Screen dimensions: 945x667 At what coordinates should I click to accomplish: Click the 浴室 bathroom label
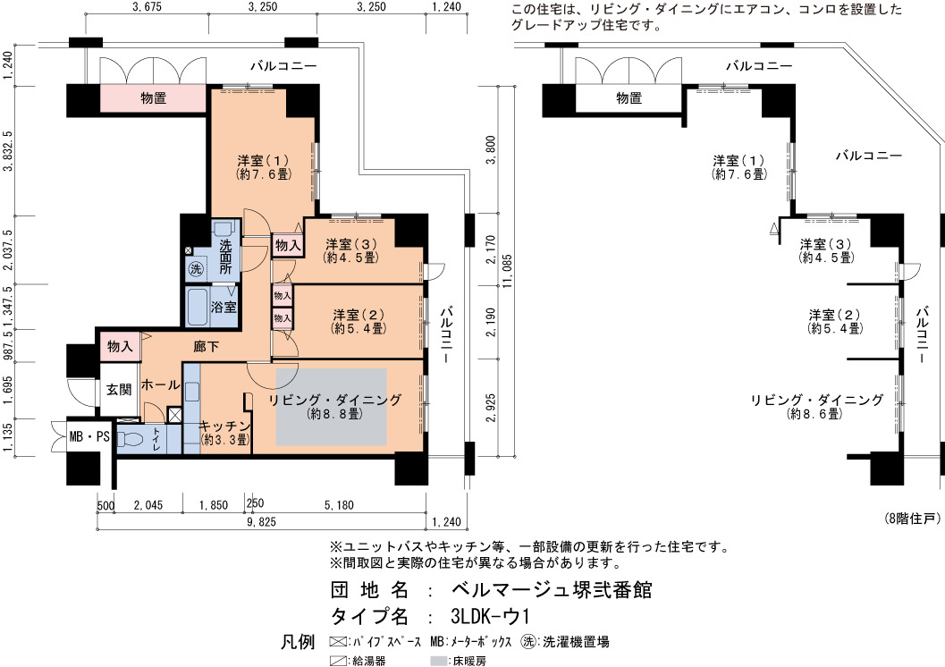[x=223, y=307]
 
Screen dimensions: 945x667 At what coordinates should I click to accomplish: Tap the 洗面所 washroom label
[x=226, y=258]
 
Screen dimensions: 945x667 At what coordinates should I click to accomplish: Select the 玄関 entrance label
[x=119, y=390]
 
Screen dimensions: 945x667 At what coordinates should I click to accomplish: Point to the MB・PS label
[x=89, y=436]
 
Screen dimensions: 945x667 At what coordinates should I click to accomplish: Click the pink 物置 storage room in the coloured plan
[x=153, y=98]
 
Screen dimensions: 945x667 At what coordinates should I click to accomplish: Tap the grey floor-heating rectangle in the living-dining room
[x=332, y=408]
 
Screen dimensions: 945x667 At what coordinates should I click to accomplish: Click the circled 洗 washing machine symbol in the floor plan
[x=195, y=269]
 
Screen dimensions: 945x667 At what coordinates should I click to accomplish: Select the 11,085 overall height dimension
[x=508, y=271]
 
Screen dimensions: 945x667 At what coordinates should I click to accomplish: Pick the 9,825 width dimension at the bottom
[x=261, y=522]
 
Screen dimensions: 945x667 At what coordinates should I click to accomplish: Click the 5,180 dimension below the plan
[x=339, y=505]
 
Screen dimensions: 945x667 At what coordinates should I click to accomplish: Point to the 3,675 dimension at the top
[x=146, y=7]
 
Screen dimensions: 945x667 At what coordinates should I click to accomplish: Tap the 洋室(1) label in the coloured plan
[x=264, y=161]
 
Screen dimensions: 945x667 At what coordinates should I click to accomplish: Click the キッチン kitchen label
[x=224, y=426]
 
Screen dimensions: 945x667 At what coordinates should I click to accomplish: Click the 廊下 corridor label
[x=206, y=347]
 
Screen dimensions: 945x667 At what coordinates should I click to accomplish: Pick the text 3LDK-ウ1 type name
[x=490, y=616]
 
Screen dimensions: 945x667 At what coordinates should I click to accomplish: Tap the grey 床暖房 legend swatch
[x=439, y=661]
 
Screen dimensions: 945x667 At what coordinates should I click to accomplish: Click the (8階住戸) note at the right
[x=913, y=519]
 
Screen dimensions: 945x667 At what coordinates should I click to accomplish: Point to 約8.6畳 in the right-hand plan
[x=814, y=414]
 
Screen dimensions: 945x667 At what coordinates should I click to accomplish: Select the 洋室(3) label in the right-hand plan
[x=826, y=245]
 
